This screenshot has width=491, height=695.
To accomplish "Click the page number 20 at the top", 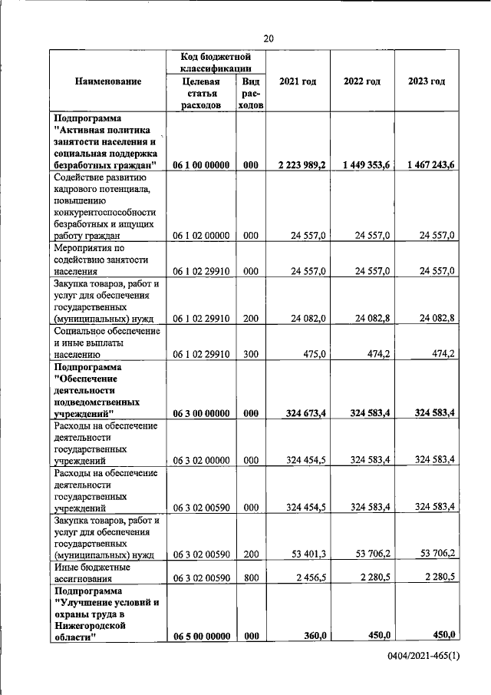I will [x=269, y=38].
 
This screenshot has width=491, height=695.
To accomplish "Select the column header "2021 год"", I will [x=298, y=81].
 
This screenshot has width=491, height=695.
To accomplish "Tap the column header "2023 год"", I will [x=427, y=81].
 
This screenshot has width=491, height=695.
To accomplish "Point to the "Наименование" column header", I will [x=108, y=81].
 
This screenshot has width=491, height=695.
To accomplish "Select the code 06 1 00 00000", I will [x=201, y=165].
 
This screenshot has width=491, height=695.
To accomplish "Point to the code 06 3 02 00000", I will [x=201, y=460].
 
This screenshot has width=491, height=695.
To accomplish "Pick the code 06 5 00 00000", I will [x=201, y=635].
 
